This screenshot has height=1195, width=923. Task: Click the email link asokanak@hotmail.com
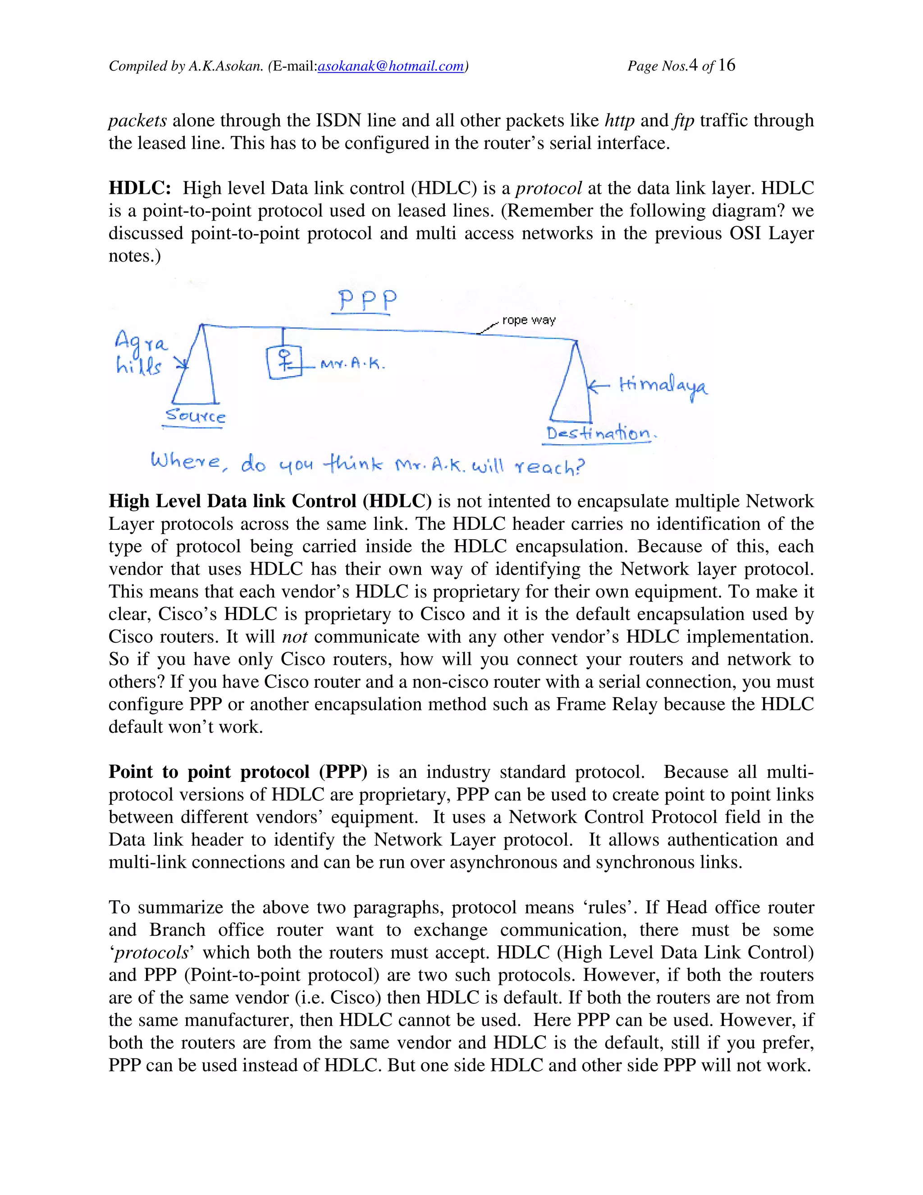tap(390, 67)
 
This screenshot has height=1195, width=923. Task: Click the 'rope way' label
tap(529, 320)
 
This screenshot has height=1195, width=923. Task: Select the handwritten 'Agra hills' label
tap(140, 354)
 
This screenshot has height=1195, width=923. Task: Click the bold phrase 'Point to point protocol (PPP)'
tap(238, 772)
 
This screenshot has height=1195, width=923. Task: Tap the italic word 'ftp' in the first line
tap(684, 120)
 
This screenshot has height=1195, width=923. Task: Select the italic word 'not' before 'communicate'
tap(295, 637)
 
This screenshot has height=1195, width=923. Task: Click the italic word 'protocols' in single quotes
tap(151, 952)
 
